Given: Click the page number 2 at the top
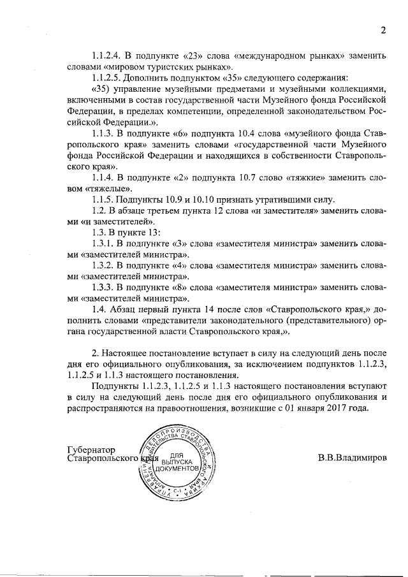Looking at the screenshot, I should (384, 29).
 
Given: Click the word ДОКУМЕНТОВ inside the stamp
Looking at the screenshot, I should (176, 469).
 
